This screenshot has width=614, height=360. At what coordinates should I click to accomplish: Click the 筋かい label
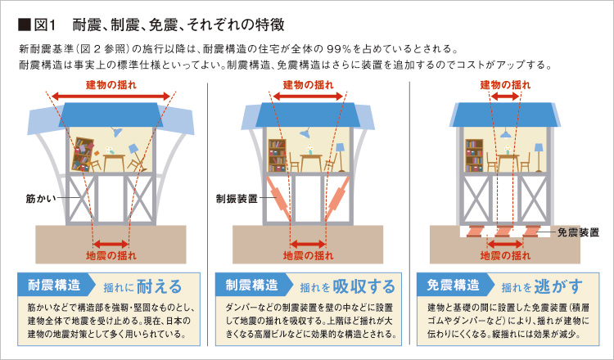click(x=41, y=199)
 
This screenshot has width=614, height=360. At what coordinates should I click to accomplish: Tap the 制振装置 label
click(x=237, y=199)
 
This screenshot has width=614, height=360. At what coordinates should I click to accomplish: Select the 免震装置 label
click(x=578, y=232)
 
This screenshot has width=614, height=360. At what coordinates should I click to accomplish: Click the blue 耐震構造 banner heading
click(x=54, y=285)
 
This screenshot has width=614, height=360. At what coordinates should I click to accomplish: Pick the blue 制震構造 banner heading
click(x=252, y=285)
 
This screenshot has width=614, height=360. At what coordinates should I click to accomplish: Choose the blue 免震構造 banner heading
click(x=453, y=285)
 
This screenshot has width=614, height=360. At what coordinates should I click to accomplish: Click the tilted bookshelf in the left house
click(x=83, y=155)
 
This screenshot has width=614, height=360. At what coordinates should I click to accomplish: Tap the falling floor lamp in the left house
click(x=136, y=157)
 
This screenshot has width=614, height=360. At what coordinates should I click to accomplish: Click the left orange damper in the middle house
click(x=279, y=198)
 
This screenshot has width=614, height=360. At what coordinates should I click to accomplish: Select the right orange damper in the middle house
click(x=337, y=198)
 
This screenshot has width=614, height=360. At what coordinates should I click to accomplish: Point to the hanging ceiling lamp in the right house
click(x=506, y=133)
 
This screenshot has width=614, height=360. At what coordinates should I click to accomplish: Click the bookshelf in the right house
click(x=474, y=155)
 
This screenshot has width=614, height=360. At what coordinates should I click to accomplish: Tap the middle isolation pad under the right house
click(x=504, y=231)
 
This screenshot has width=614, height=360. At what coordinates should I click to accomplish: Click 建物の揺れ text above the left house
click(x=111, y=85)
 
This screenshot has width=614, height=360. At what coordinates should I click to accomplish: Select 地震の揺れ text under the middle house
click(x=308, y=255)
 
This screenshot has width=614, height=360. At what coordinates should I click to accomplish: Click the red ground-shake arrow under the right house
click(x=505, y=244)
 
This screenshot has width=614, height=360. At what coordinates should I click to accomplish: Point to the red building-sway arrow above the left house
click(x=111, y=97)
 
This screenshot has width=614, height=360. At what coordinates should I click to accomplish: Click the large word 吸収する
click(x=363, y=286)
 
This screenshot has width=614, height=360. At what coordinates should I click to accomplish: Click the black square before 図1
click(x=25, y=25)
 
